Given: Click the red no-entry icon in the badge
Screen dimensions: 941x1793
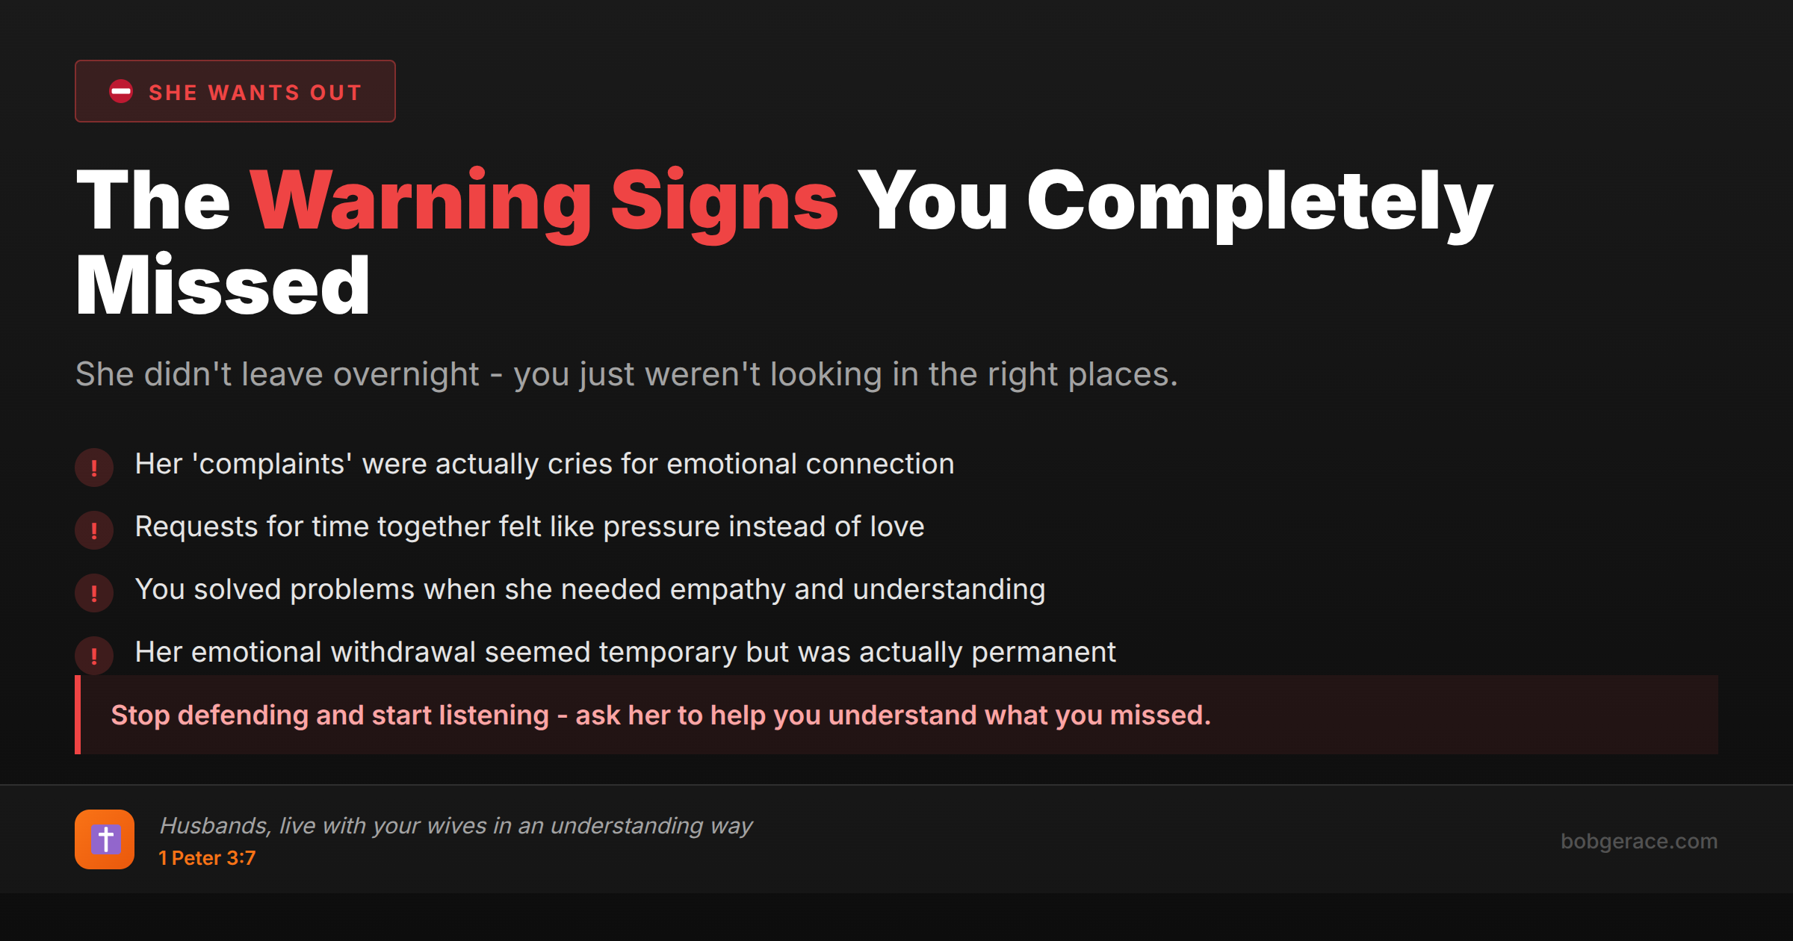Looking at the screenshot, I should [121, 91].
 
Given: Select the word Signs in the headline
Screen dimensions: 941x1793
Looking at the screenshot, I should [725, 202].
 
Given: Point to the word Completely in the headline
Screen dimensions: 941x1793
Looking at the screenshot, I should [1260, 202].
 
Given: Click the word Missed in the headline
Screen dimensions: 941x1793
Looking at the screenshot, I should [223, 287].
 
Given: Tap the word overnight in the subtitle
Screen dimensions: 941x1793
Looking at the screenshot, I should [406, 374].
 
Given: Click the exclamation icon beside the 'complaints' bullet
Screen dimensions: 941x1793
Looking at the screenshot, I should [94, 468].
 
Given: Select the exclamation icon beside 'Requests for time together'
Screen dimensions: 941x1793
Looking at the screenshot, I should [94, 530].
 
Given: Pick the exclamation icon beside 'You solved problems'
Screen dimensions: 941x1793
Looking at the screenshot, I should [94, 593].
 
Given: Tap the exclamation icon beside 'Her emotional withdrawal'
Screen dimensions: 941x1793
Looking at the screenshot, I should [94, 656].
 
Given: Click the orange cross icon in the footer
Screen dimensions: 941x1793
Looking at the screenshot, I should [105, 839].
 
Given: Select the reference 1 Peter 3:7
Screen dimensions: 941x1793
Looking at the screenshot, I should [207, 858].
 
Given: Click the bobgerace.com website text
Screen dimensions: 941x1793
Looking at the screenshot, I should [1638, 841].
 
